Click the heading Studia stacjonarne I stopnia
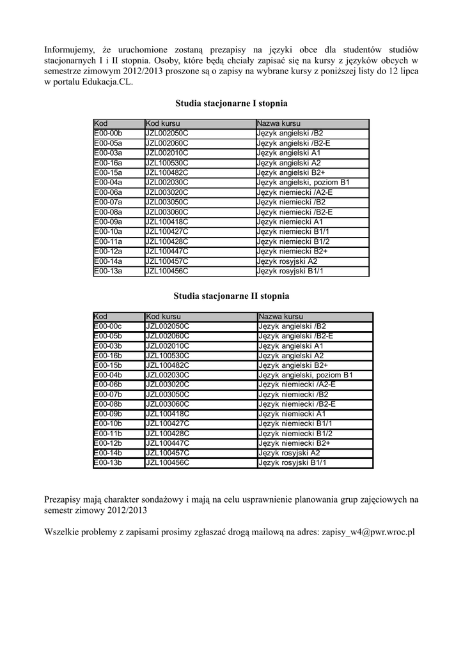coord(231,103)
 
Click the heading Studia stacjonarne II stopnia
coord(231,296)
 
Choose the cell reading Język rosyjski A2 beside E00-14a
coord(286,261)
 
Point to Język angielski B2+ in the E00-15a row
coord(290,172)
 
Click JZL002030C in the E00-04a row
coord(167,183)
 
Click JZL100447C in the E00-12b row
coord(167,443)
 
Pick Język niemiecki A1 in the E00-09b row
coord(291,414)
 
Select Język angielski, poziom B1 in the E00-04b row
coord(305,375)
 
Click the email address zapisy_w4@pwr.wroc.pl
coord(368,531)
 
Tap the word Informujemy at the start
coord(69,49)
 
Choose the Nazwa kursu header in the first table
coord(278,123)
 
